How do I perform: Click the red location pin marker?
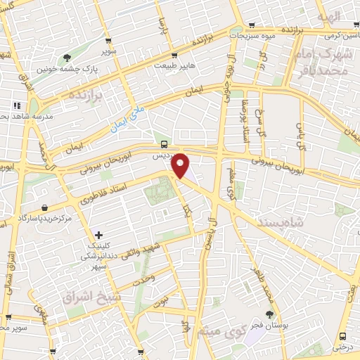(181, 165)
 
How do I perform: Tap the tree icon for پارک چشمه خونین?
(67, 58)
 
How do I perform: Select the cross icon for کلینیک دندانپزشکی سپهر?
(98, 235)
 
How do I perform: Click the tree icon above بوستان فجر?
(269, 314)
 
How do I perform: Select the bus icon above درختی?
(342, 336)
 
